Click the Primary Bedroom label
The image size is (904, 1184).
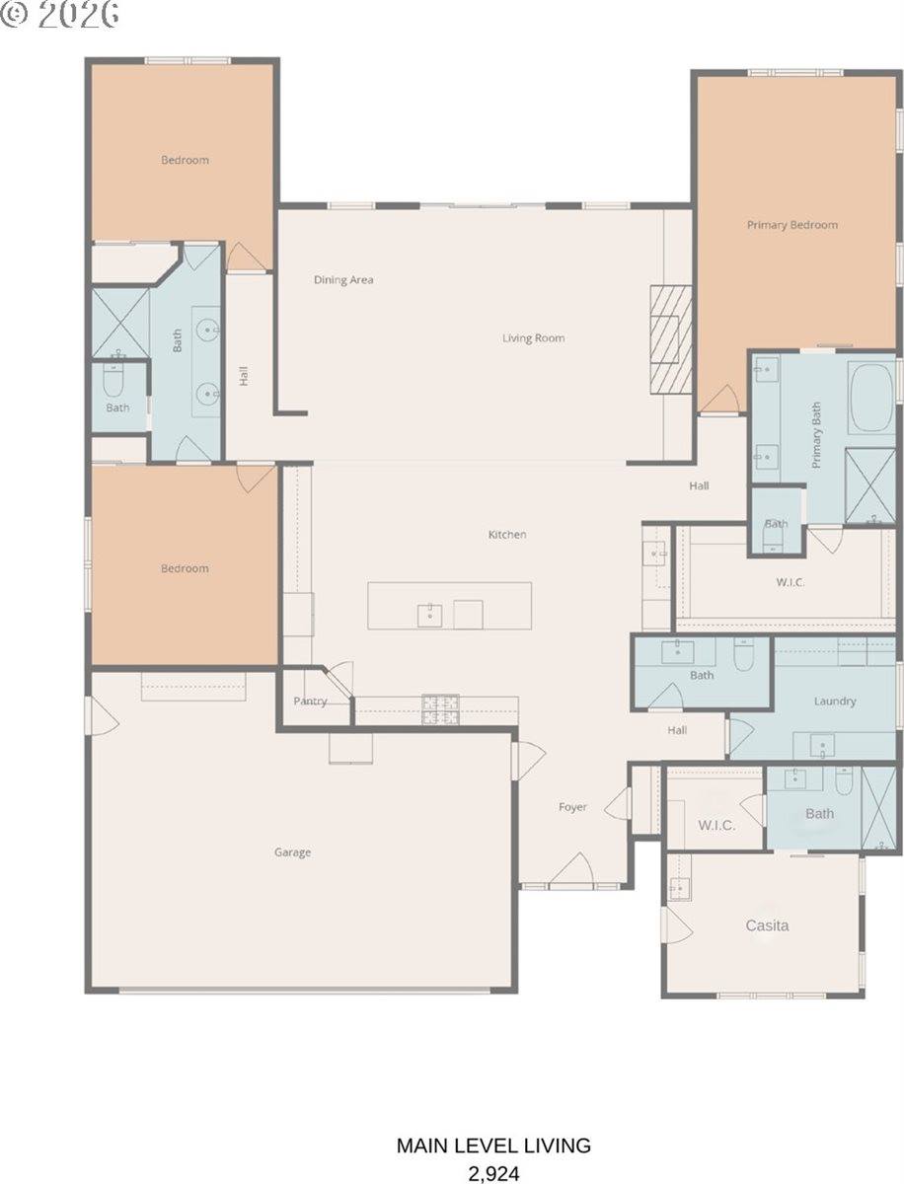791,225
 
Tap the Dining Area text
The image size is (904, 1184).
343,280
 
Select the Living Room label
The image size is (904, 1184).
533,338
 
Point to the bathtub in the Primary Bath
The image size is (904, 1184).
872,399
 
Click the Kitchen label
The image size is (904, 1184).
507,535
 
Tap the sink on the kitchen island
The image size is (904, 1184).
429,615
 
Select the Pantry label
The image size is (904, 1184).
310,702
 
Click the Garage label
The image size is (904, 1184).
292,852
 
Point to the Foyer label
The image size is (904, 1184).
572,807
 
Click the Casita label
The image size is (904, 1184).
767,926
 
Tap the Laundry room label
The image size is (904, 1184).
835,702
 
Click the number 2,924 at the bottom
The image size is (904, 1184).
493,1172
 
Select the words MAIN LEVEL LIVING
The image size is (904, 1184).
493,1146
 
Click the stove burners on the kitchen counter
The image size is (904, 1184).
441,708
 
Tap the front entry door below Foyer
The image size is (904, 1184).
570,872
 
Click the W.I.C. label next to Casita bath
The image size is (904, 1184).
716,826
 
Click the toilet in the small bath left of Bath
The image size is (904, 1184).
113,380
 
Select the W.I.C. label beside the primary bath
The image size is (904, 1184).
791,582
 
